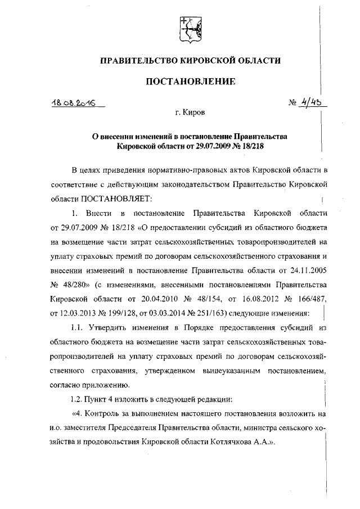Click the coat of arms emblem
click(x=187, y=28)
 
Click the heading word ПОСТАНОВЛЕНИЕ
click(x=190, y=82)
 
